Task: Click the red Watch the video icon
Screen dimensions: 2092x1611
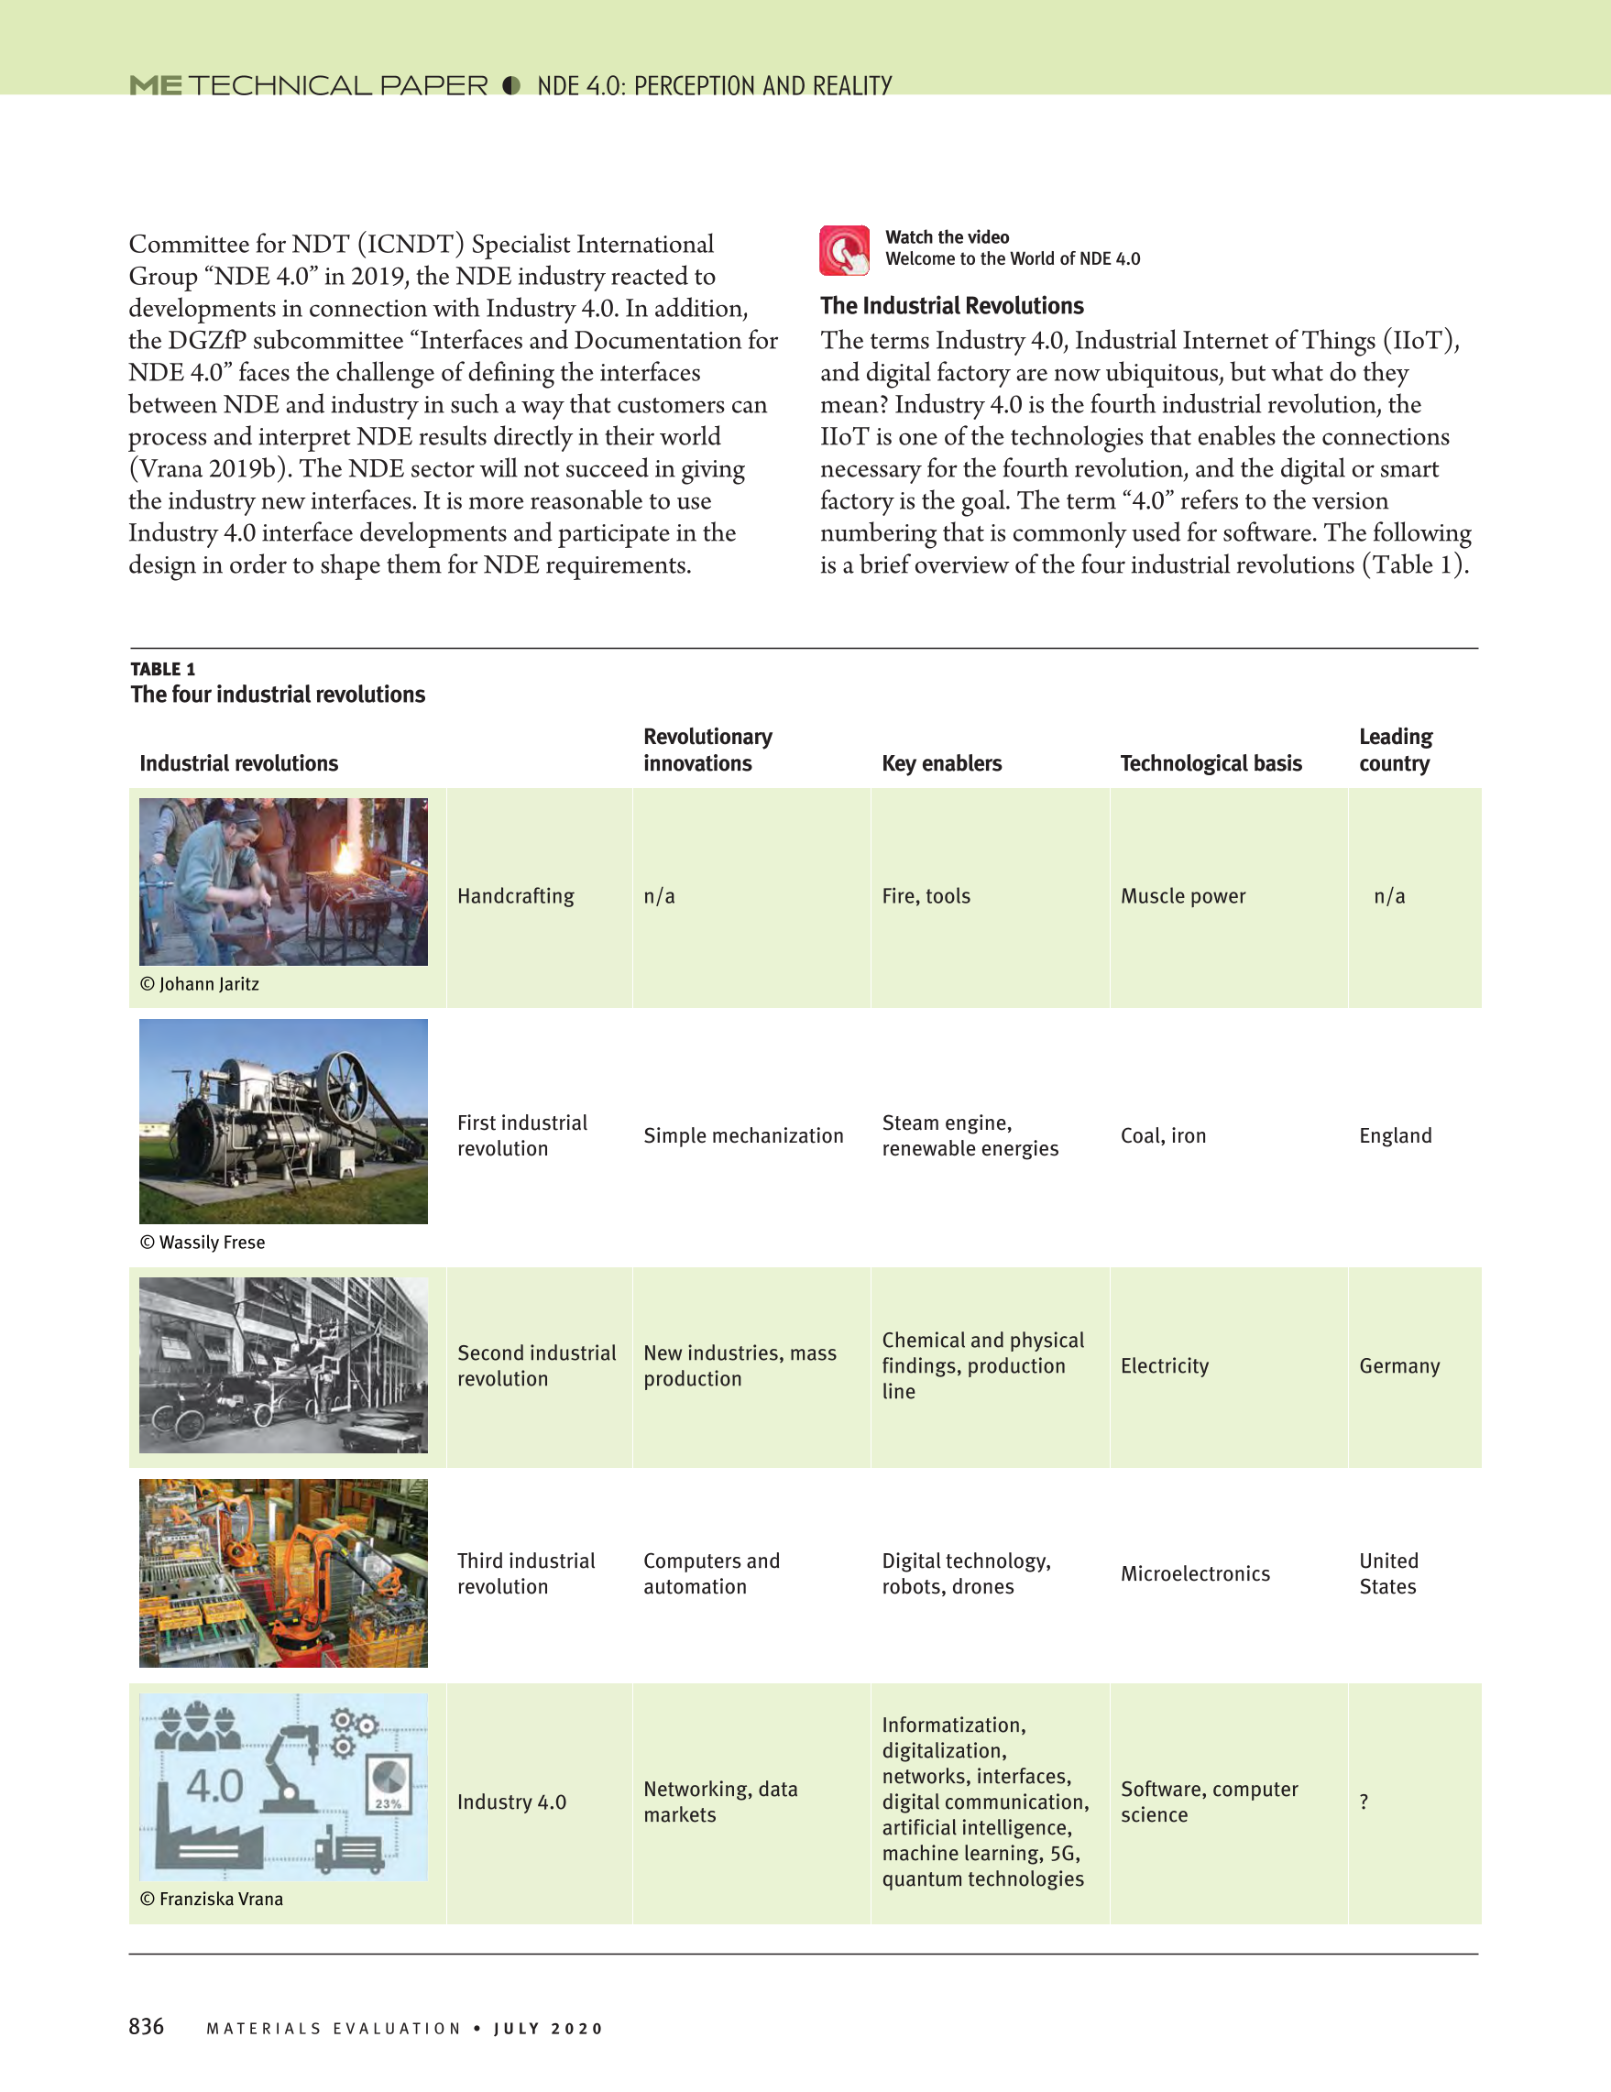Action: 844,250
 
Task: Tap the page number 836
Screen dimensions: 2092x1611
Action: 147,2026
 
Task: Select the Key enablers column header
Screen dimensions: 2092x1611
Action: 940,763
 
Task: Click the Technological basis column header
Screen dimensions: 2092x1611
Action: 1211,763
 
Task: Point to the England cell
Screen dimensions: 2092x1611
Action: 1395,1135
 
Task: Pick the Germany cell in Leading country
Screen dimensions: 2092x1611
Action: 1398,1366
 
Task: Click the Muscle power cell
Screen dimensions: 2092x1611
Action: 1183,895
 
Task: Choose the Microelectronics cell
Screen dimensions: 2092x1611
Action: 1194,1573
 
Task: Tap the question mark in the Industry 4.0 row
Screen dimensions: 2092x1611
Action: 1364,1802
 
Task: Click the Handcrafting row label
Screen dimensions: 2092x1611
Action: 515,895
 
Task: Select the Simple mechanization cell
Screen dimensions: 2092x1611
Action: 743,1135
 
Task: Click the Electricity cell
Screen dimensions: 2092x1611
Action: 1165,1366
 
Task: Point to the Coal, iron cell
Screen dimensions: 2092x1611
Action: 1163,1135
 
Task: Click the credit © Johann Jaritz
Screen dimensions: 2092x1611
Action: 199,984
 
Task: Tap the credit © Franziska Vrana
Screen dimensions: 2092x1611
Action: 212,1899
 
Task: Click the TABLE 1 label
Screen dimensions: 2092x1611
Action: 163,669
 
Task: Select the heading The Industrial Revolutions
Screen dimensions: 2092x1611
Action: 951,305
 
